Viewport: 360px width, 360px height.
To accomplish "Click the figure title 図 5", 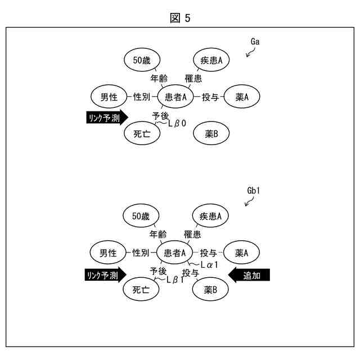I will (x=180, y=18).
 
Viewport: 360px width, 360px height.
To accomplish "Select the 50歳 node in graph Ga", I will (x=141, y=60).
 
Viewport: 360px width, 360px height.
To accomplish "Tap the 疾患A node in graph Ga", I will (x=211, y=60).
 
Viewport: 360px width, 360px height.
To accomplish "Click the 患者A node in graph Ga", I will (x=175, y=97).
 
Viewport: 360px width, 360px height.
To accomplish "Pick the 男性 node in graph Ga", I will (x=109, y=97).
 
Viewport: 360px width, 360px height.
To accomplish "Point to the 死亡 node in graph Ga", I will (x=141, y=133).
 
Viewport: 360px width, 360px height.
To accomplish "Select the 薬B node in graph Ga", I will (x=211, y=133).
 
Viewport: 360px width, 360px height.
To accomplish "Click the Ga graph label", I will (x=255, y=42).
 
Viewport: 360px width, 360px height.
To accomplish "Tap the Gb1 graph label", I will (x=254, y=191).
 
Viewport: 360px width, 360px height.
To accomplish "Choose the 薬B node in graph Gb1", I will (x=211, y=290).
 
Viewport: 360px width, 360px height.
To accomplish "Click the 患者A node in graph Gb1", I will (x=175, y=254).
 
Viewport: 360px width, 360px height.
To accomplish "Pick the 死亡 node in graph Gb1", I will (x=141, y=290).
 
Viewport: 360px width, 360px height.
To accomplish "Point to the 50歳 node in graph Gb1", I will (x=141, y=216).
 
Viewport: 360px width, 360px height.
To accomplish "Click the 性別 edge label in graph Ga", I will (x=142, y=97).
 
